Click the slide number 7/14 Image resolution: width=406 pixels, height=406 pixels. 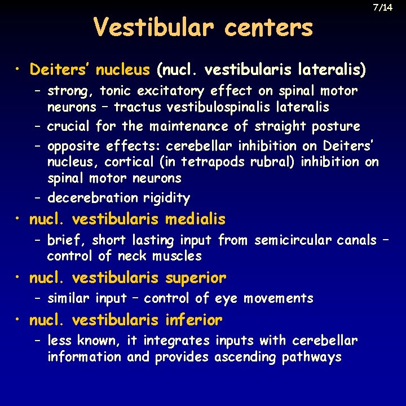point(382,8)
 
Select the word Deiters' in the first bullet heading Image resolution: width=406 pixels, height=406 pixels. point(60,70)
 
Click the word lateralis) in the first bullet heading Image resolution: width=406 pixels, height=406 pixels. point(332,70)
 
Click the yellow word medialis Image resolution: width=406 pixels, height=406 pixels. point(195,219)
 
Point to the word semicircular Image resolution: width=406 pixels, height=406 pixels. point(294,240)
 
